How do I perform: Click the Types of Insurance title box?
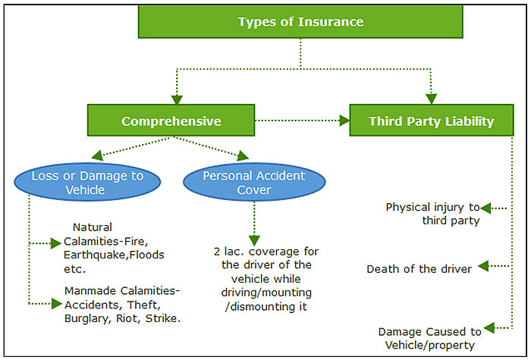[300, 21]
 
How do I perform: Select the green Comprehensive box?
[171, 121]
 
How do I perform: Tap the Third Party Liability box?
[431, 121]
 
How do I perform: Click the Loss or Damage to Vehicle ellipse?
[88, 183]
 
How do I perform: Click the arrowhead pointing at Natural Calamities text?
[56, 243]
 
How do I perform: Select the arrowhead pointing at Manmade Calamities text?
[56, 304]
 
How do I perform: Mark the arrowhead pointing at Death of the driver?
[486, 267]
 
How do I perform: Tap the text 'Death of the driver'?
[419, 269]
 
